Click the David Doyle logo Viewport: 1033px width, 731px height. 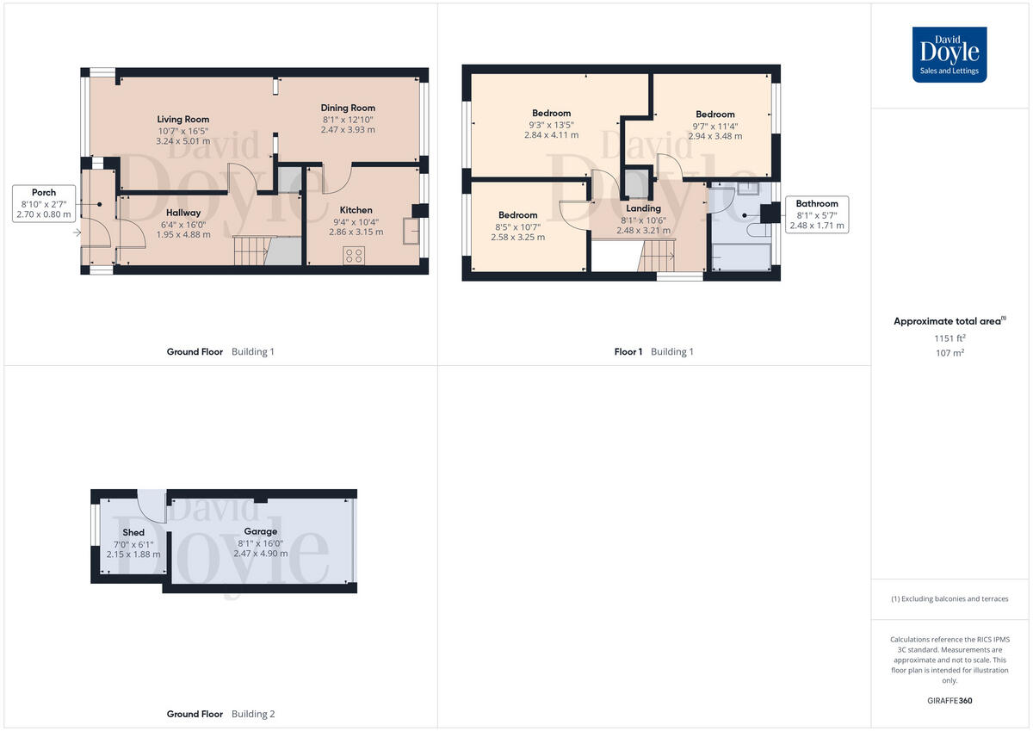point(949,54)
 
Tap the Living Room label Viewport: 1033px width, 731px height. point(182,119)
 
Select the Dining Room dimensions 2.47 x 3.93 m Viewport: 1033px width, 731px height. point(348,130)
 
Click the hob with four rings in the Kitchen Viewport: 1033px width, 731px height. point(354,255)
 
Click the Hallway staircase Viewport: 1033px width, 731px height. point(251,251)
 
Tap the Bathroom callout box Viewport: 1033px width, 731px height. point(816,214)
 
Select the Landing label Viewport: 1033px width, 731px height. point(643,208)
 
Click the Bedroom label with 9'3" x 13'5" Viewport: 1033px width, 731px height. point(551,113)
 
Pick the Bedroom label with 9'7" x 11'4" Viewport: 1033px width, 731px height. point(714,114)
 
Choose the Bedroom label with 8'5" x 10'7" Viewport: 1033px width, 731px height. point(517,215)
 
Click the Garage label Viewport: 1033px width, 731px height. point(260,531)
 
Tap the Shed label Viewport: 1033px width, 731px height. point(133,532)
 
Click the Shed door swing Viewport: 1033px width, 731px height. point(153,507)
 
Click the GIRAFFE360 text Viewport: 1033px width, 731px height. point(949,701)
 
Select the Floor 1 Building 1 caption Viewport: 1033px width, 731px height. point(653,351)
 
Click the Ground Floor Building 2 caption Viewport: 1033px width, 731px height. point(221,714)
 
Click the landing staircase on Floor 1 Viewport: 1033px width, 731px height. point(658,255)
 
